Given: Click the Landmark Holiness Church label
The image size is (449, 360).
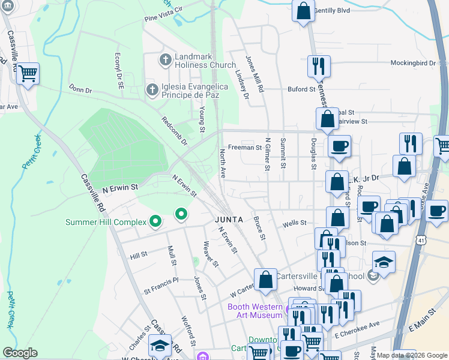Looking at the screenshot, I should click(197, 61).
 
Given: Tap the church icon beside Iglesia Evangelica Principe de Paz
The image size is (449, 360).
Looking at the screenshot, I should click(152, 90).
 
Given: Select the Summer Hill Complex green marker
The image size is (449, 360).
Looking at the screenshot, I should click(155, 223).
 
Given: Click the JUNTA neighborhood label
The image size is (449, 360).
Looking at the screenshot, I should click(229, 220).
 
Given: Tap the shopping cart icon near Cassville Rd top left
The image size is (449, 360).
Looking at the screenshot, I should click(28, 74).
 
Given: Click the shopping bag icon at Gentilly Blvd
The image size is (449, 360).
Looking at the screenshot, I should click(304, 10).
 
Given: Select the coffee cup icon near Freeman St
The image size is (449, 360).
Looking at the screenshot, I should click(339, 146).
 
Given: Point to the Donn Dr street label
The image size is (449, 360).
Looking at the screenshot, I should click(80, 89).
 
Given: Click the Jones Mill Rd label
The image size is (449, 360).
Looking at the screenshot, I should click(254, 74).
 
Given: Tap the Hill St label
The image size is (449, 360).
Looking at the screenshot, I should click(139, 256).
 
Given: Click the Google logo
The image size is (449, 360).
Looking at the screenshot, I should click(20, 353).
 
